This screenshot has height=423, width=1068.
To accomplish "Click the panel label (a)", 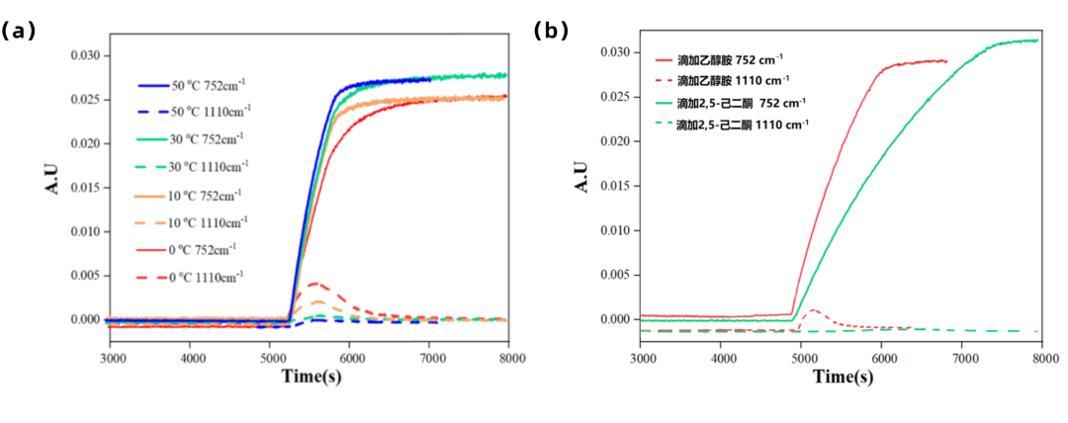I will (19, 31).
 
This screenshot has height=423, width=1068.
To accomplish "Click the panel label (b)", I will (551, 31).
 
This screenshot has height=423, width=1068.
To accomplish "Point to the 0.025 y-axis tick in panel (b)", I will (615, 96).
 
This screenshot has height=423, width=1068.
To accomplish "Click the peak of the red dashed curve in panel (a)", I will (314, 284).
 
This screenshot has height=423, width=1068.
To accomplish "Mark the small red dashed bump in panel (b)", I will (812, 310).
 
